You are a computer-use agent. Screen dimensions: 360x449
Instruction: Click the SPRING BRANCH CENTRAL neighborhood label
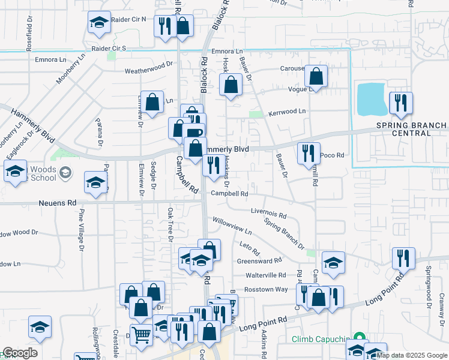click(x=411, y=129)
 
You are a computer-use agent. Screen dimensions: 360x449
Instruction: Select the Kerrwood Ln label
click(x=287, y=112)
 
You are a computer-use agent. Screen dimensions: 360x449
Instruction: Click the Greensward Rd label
click(x=259, y=261)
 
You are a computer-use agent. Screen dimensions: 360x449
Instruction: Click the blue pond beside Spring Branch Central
click(x=372, y=100)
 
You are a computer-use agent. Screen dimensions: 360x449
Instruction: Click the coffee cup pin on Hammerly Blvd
click(x=194, y=133)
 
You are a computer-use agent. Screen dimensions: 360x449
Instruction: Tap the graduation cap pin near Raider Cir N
click(x=99, y=23)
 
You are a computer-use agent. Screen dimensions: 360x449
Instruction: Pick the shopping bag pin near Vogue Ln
click(x=316, y=76)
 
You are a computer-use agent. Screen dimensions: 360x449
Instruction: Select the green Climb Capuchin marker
click(x=359, y=338)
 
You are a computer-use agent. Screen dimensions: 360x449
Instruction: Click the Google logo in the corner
click(x=19, y=353)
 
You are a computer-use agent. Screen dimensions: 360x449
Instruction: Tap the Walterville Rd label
click(x=266, y=275)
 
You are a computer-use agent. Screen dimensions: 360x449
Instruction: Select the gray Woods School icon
click(x=65, y=173)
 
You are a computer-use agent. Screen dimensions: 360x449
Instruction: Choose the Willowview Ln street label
click(x=231, y=229)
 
